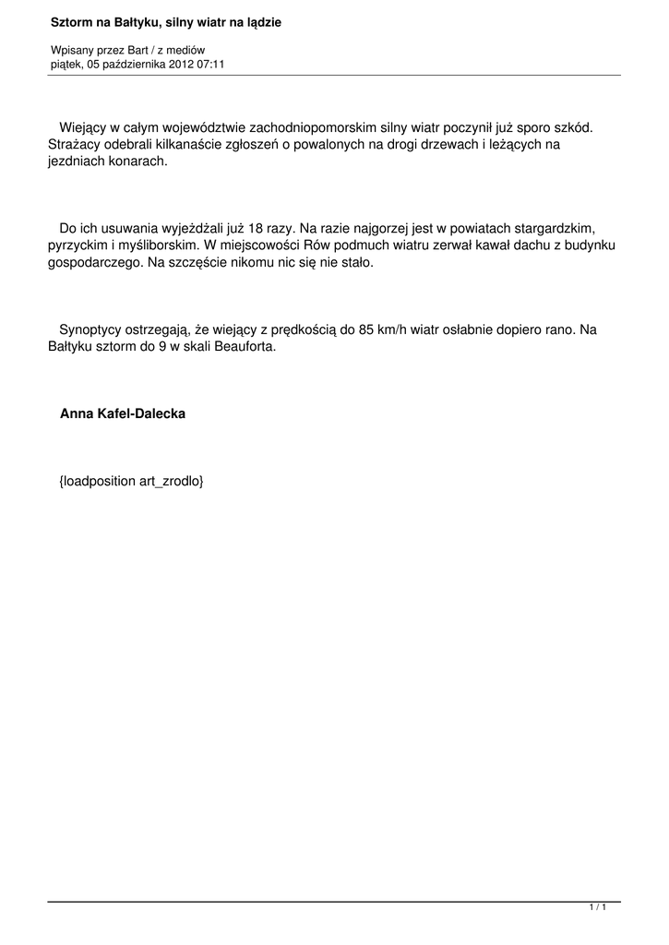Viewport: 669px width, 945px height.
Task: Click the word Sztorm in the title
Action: pyautogui.click(x=71, y=20)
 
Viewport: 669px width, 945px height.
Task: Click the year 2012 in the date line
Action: pyautogui.click(x=182, y=64)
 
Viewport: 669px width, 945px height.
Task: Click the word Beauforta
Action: pyautogui.click(x=245, y=347)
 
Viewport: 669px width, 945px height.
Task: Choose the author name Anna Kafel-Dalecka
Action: pyautogui.click(x=123, y=414)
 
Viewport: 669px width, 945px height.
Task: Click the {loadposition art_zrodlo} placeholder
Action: pyautogui.click(x=130, y=482)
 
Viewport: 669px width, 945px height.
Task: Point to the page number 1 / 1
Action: pyautogui.click(x=597, y=909)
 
